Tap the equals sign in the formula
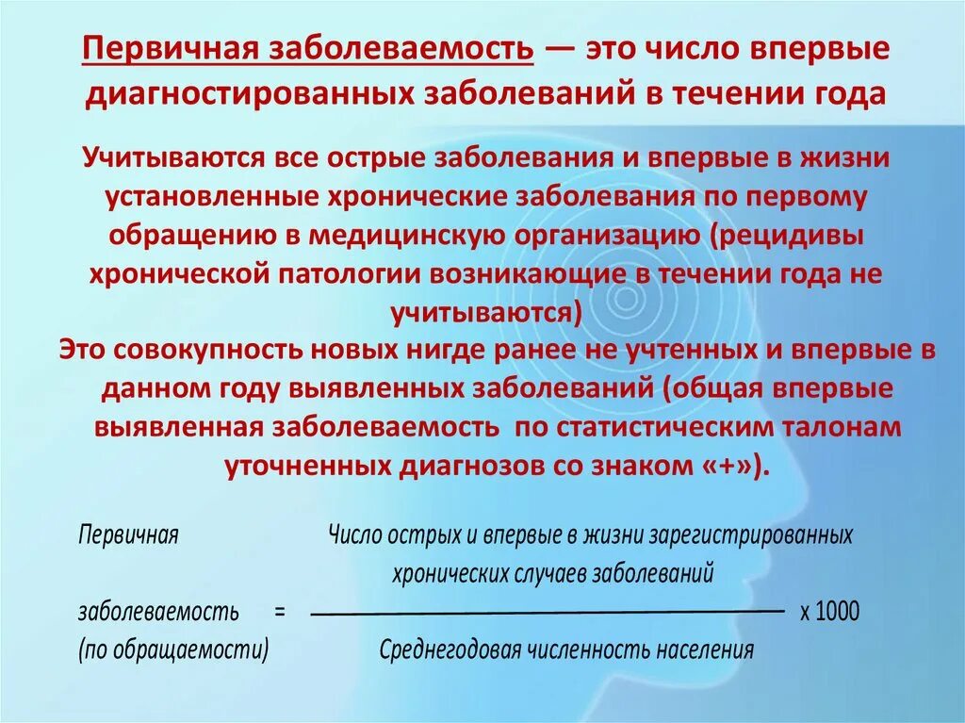pos(280,611)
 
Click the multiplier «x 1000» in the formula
pos(830,611)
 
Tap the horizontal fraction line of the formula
pos(547,613)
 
